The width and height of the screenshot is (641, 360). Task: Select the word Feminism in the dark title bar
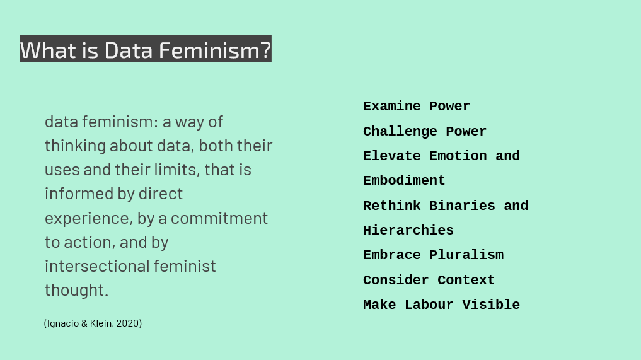pyautogui.click(x=215, y=50)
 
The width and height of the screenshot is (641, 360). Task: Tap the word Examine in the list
pyautogui.click(x=392, y=107)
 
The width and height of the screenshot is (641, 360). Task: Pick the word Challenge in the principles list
pyautogui.click(x=400, y=131)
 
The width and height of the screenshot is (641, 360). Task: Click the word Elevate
pyautogui.click(x=392, y=156)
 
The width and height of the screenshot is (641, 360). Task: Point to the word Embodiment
pyautogui.click(x=404, y=180)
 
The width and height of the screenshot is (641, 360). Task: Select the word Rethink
pyautogui.click(x=392, y=206)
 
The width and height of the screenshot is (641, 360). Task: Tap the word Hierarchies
pyautogui.click(x=408, y=230)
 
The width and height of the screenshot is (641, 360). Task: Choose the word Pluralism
pyautogui.click(x=466, y=255)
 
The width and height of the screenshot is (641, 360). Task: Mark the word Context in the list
pyautogui.click(x=466, y=280)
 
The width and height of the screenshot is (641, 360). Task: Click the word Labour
pyautogui.click(x=429, y=305)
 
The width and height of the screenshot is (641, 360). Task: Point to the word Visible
pyautogui.click(x=492, y=305)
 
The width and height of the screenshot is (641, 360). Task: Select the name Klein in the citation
pyautogui.click(x=101, y=323)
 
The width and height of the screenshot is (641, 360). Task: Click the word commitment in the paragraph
pyautogui.click(x=219, y=218)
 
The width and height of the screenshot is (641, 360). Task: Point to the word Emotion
pyautogui.click(x=458, y=156)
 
